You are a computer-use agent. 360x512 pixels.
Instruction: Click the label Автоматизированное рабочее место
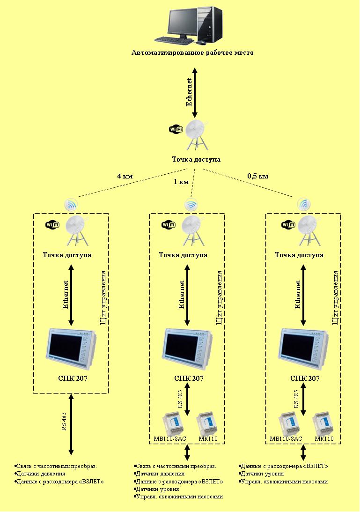pos(192,53)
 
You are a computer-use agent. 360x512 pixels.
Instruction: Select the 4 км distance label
pos(125,177)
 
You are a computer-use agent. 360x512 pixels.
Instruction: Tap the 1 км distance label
pos(181,181)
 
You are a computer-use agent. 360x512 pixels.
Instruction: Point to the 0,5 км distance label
pos(258,177)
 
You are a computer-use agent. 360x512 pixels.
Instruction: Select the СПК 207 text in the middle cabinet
pos(188,378)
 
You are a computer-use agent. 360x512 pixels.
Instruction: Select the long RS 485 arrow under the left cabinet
pos(71,424)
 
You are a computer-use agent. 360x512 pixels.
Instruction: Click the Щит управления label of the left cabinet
pos(103,297)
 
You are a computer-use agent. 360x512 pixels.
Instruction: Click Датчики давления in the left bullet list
pos(40,474)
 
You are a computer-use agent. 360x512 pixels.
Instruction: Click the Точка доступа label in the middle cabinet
pos(183,255)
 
